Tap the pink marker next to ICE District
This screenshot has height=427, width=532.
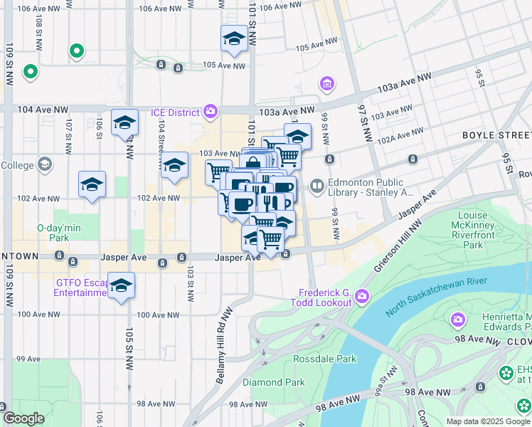pos(210,111)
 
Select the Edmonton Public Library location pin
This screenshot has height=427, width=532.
pos(316,186)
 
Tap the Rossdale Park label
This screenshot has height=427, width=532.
pos(324,359)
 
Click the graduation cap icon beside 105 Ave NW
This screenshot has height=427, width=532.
pos(234,40)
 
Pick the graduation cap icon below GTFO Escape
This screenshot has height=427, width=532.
pos(122,286)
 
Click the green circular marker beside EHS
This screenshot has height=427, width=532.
pos(506,372)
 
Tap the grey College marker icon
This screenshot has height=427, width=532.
pos(45,165)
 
